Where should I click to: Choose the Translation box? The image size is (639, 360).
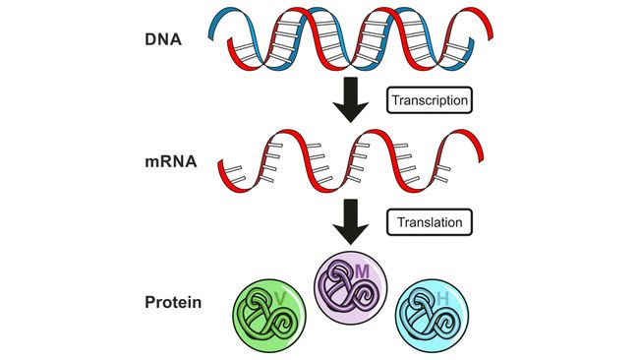pyautogui.click(x=431, y=222)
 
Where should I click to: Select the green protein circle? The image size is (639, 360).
pyautogui.click(x=270, y=317)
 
